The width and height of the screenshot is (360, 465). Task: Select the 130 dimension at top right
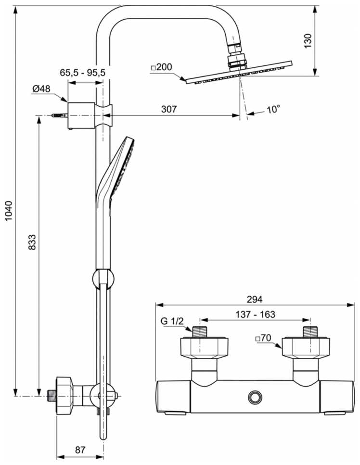[x=309, y=40]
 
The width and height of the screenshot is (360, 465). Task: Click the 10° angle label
[x=272, y=110]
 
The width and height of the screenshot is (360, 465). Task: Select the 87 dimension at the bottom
[x=80, y=450]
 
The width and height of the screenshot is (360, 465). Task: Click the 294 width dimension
[x=255, y=299]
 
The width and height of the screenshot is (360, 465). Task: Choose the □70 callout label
[x=264, y=339]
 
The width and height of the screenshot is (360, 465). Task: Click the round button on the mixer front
[x=254, y=397]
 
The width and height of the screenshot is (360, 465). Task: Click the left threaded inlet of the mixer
[x=199, y=332]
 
